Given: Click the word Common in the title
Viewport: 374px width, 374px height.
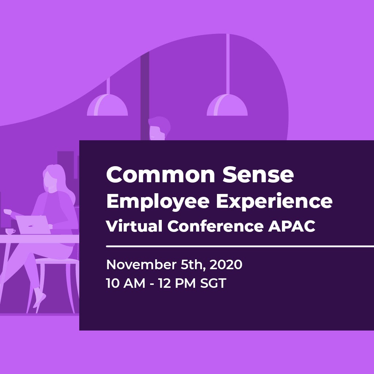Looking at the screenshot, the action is (x=161, y=175).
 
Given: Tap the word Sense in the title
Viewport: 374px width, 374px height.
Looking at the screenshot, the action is (x=258, y=175).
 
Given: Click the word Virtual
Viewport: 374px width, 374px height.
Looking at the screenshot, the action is (x=134, y=226).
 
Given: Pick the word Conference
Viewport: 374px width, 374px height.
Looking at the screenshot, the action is (x=215, y=226).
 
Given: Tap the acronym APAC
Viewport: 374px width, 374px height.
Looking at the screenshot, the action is (x=292, y=226).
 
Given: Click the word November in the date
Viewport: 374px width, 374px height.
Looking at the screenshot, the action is (x=141, y=264).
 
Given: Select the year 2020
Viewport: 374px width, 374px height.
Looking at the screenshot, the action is (x=226, y=264).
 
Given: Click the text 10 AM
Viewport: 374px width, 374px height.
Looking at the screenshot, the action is (x=126, y=283).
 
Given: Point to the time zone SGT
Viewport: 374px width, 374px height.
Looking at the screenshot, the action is (x=213, y=283).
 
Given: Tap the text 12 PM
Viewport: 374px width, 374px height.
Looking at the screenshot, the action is (x=177, y=283).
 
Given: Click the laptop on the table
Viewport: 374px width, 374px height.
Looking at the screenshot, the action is (x=33, y=225).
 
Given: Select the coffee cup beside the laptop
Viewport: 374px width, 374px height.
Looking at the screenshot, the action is (x=10, y=231).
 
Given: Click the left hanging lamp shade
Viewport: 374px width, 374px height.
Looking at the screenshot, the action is (x=107, y=105).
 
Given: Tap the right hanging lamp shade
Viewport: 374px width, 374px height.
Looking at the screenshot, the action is (x=227, y=105).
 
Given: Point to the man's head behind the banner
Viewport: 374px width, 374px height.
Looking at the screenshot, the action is (x=159, y=128).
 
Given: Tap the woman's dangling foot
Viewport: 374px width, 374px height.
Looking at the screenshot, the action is (x=39, y=300).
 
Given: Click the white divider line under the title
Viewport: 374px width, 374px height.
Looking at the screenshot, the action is (x=240, y=246).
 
